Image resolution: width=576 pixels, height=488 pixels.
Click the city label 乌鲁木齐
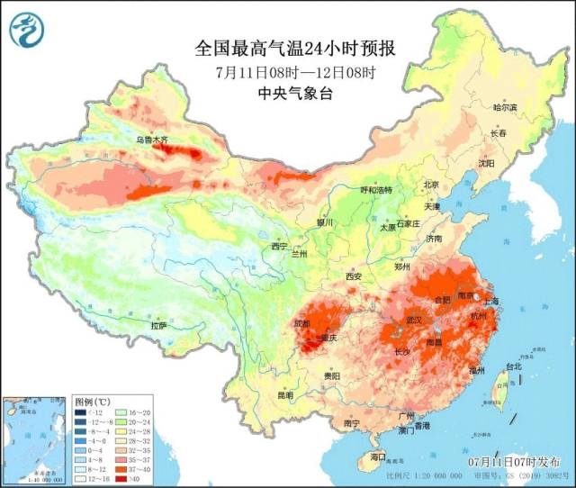(151, 140)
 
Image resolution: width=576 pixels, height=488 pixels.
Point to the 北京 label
(431, 185)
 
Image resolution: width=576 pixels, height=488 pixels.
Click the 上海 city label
(490, 300)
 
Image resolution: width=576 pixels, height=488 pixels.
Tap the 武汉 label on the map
(415, 320)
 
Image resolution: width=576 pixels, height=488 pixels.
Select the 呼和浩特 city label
(376, 190)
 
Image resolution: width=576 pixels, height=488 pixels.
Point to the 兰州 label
(298, 254)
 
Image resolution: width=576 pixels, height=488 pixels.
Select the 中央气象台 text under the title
(295, 94)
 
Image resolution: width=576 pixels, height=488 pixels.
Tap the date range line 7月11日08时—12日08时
(295, 72)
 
